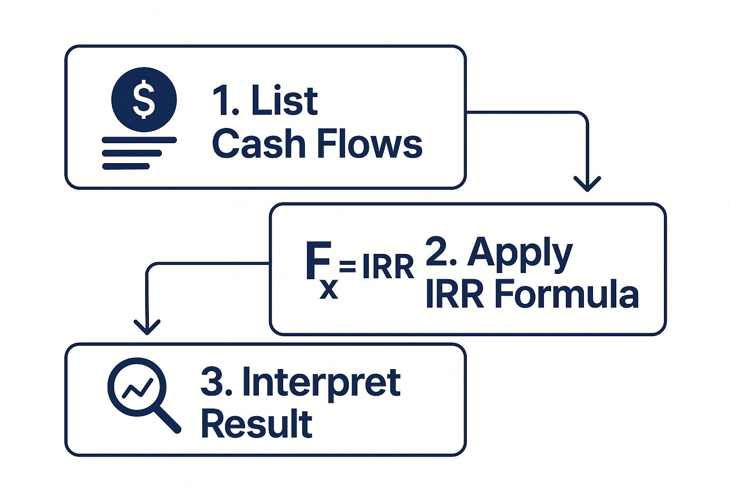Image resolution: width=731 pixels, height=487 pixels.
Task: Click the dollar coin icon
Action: [x=144, y=99]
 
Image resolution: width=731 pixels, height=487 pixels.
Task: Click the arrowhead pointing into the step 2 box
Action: [x=587, y=184]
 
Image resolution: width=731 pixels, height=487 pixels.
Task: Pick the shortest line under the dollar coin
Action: [x=126, y=166]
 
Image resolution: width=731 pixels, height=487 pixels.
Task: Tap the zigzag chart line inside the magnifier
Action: [x=138, y=389]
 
